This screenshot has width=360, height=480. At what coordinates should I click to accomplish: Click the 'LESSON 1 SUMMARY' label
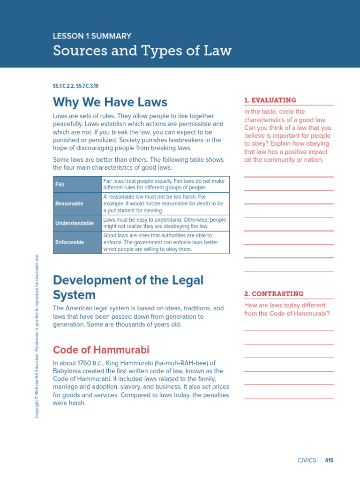click(92, 36)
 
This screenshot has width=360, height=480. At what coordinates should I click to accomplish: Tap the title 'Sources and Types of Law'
click(142, 51)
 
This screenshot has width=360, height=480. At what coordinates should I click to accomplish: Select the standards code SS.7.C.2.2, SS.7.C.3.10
click(75, 86)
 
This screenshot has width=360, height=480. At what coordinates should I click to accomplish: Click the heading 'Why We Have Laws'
click(110, 102)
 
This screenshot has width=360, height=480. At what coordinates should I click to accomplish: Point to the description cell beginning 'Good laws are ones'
click(165, 242)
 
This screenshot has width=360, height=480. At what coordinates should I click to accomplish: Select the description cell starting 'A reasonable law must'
click(165, 203)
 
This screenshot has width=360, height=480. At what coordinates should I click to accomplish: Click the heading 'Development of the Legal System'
click(128, 287)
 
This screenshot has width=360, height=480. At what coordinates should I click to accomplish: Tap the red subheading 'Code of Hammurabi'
click(101, 350)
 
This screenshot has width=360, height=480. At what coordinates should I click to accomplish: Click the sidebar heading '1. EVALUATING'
click(270, 100)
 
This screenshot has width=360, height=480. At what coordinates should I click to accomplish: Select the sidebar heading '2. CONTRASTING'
click(273, 294)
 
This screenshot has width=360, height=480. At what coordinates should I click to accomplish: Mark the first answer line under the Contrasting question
click(289, 330)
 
